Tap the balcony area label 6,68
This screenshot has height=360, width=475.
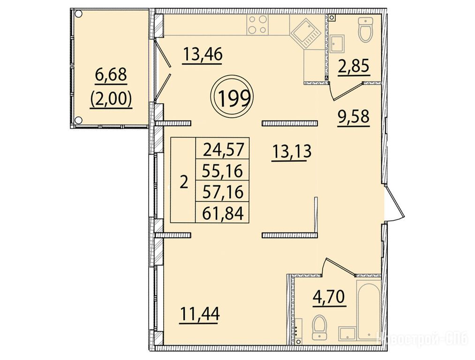(x=111, y=75)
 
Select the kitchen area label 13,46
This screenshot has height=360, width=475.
(x=203, y=55)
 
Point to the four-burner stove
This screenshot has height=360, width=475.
(x=257, y=24)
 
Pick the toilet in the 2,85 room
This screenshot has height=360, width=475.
(x=366, y=30)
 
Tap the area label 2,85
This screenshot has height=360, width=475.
(x=354, y=66)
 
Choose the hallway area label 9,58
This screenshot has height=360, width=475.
(x=354, y=117)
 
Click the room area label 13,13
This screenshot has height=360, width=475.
(x=292, y=151)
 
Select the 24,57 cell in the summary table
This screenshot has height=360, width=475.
(x=223, y=150)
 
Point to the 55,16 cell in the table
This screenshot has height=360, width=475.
(x=223, y=171)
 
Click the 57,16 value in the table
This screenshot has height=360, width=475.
(x=223, y=192)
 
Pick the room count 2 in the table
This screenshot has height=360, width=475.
(x=184, y=182)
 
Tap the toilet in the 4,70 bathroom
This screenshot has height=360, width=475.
(x=319, y=327)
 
